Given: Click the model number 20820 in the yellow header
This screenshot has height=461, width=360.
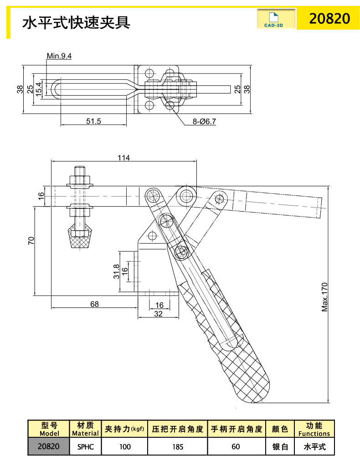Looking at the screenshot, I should [x=329, y=18].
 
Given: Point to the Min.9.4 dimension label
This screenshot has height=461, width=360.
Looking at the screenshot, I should [x=59, y=56].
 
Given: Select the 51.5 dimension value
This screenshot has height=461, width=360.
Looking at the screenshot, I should [x=93, y=121].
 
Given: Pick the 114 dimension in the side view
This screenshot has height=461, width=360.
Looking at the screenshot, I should [x=123, y=158].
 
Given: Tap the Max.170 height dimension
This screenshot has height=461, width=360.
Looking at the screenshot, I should [x=325, y=297].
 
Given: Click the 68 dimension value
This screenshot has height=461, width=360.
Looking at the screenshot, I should [x=94, y=304].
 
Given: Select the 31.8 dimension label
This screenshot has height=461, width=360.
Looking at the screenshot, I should [x=116, y=272].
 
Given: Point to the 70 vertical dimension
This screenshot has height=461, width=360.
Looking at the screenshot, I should [x=31, y=241].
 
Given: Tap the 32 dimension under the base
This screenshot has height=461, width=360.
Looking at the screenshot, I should [x=159, y=313].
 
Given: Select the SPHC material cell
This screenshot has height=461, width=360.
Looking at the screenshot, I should [x=85, y=446].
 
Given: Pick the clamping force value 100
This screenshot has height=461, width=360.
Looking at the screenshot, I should [x=124, y=446].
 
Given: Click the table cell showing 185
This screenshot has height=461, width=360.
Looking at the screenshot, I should [x=177, y=446].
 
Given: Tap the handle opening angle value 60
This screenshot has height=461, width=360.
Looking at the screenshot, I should [x=236, y=446].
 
